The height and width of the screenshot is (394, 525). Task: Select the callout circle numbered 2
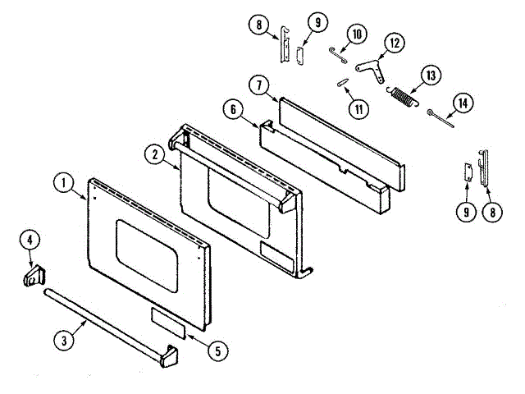click(x=153, y=153)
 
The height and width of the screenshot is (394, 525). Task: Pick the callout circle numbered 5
click(x=217, y=350)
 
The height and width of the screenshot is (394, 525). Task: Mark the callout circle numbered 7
click(x=258, y=85)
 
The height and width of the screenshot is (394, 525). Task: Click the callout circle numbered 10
click(x=355, y=34)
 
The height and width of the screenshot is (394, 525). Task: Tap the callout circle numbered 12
click(x=395, y=42)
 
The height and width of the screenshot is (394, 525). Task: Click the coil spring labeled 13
click(x=403, y=96)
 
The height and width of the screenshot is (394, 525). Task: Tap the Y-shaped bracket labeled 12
click(x=376, y=69)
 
